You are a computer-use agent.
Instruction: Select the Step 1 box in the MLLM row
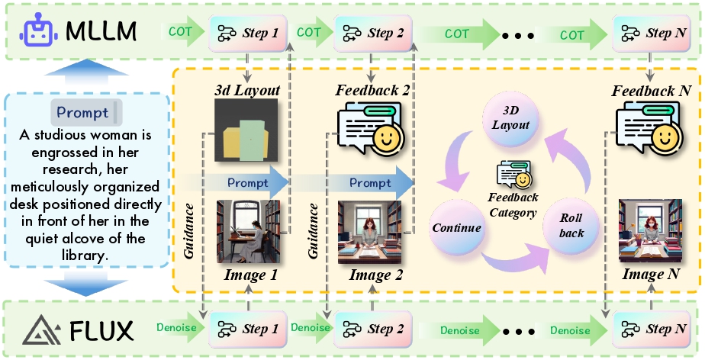[x=248, y=33]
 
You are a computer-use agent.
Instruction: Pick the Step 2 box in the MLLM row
[x=373, y=33]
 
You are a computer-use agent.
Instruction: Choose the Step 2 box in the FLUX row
[x=373, y=329]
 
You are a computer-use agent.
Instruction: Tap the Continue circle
[x=456, y=228]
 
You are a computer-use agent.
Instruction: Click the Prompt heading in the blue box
[x=82, y=112]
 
